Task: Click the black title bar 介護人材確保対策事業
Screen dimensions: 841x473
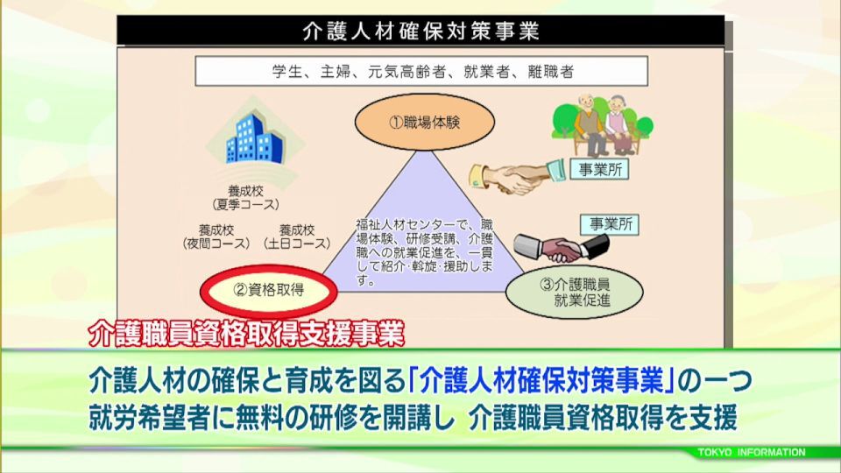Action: pos(420,31)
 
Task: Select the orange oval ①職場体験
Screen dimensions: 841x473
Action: pos(424,123)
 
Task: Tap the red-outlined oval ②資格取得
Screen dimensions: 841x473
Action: pos(269,291)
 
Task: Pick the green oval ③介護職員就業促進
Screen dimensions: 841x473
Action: pos(574,293)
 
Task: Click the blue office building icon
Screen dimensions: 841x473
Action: pos(254,139)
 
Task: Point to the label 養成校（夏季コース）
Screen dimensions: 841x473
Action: pos(245,198)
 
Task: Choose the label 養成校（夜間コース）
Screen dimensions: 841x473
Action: pos(216,237)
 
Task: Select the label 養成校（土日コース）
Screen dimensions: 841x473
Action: pos(297,237)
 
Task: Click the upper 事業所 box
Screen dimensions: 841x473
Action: pos(599,169)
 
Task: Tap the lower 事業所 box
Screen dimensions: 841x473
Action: pos(611,224)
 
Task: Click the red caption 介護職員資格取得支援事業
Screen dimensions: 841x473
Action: pos(246,334)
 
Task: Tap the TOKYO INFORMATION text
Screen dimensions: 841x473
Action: pos(752,452)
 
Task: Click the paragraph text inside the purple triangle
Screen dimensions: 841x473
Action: pos(424,252)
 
